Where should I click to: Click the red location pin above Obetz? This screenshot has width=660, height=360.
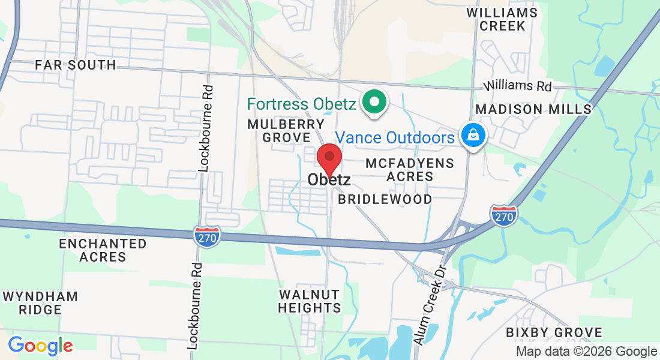(329, 159)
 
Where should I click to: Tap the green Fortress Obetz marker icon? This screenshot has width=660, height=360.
(375, 101)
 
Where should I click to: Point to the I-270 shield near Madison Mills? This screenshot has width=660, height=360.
(503, 215)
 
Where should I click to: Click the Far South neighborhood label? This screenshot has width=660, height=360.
(75, 65)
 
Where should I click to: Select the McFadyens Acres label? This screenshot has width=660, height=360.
(410, 170)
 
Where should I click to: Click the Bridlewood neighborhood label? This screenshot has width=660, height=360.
(385, 199)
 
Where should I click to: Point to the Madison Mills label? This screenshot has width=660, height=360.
(533, 109)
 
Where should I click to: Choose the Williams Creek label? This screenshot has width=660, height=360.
(502, 19)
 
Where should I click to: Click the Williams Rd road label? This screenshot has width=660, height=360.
(518, 86)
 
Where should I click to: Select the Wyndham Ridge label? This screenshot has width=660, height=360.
(40, 303)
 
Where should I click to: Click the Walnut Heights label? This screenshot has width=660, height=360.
(310, 301)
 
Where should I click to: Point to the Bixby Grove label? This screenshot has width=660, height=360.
(553, 332)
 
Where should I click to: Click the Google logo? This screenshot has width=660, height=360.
(40, 346)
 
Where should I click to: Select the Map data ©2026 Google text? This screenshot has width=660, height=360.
(586, 352)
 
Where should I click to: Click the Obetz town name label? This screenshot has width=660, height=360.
(329, 179)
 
